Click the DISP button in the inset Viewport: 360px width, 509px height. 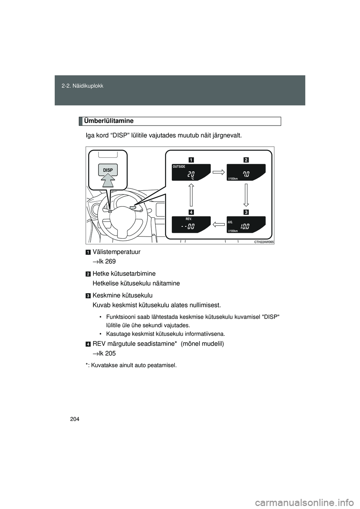click(108, 170)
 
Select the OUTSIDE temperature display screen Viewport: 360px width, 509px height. click(191, 172)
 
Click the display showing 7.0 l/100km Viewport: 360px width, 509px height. click(246, 172)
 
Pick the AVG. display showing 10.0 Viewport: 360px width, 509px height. click(246, 225)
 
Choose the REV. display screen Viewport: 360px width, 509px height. click(191, 225)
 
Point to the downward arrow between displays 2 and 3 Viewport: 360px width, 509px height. click(246, 195)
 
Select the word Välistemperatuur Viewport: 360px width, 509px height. click(117, 252)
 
